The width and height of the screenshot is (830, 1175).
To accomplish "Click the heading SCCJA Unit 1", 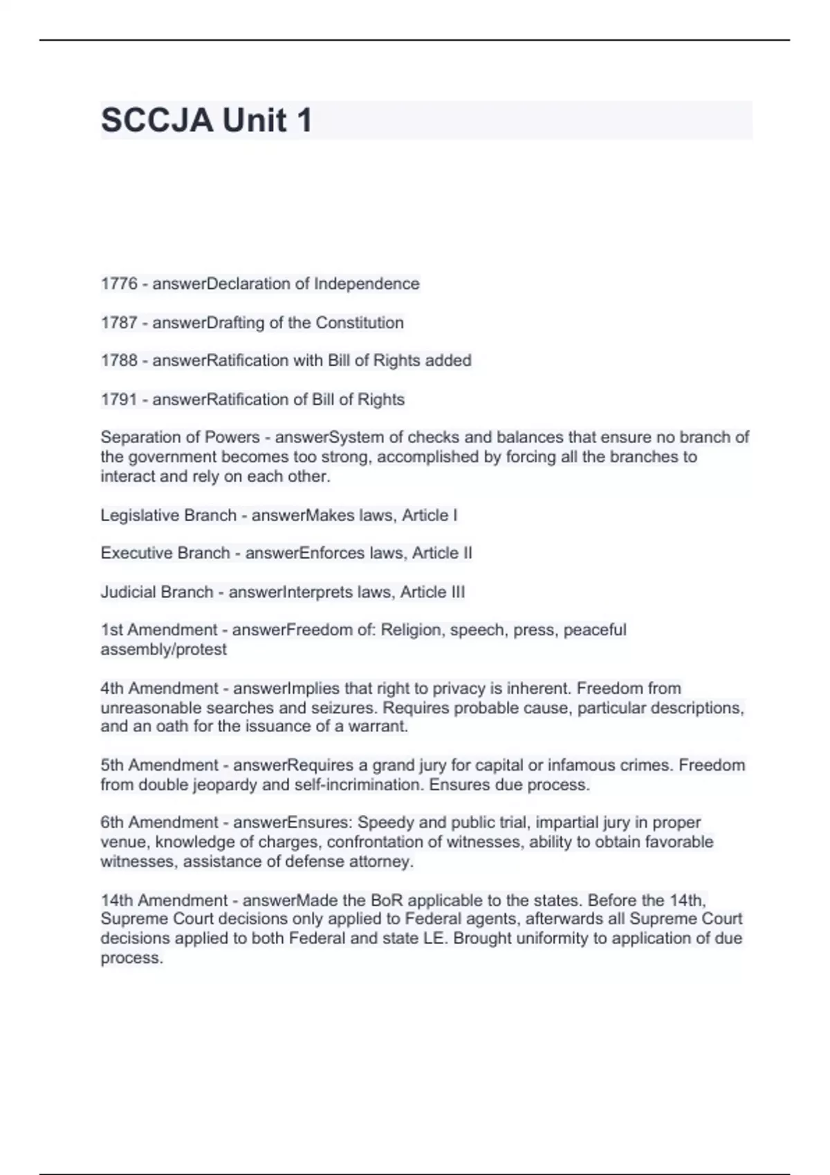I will (x=206, y=120).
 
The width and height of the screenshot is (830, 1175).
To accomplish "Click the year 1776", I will (x=119, y=284).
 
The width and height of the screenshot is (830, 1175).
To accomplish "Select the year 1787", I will (x=119, y=323).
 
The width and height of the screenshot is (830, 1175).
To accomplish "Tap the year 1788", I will (x=119, y=361).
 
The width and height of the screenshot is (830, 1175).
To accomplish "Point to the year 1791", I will (x=119, y=399).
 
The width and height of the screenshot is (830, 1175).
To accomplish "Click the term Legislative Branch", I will (x=168, y=516).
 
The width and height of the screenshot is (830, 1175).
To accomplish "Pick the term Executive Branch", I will (x=165, y=554).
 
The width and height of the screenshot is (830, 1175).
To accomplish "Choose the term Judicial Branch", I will (x=156, y=592).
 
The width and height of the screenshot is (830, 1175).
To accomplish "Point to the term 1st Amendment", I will (x=159, y=630).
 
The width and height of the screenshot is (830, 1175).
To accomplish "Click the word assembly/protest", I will (x=163, y=650).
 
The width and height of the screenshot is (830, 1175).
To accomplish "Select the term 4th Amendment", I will (x=160, y=688).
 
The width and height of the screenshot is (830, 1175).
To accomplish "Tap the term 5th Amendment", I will (x=160, y=766).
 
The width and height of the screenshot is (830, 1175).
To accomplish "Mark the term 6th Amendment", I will (x=160, y=822).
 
